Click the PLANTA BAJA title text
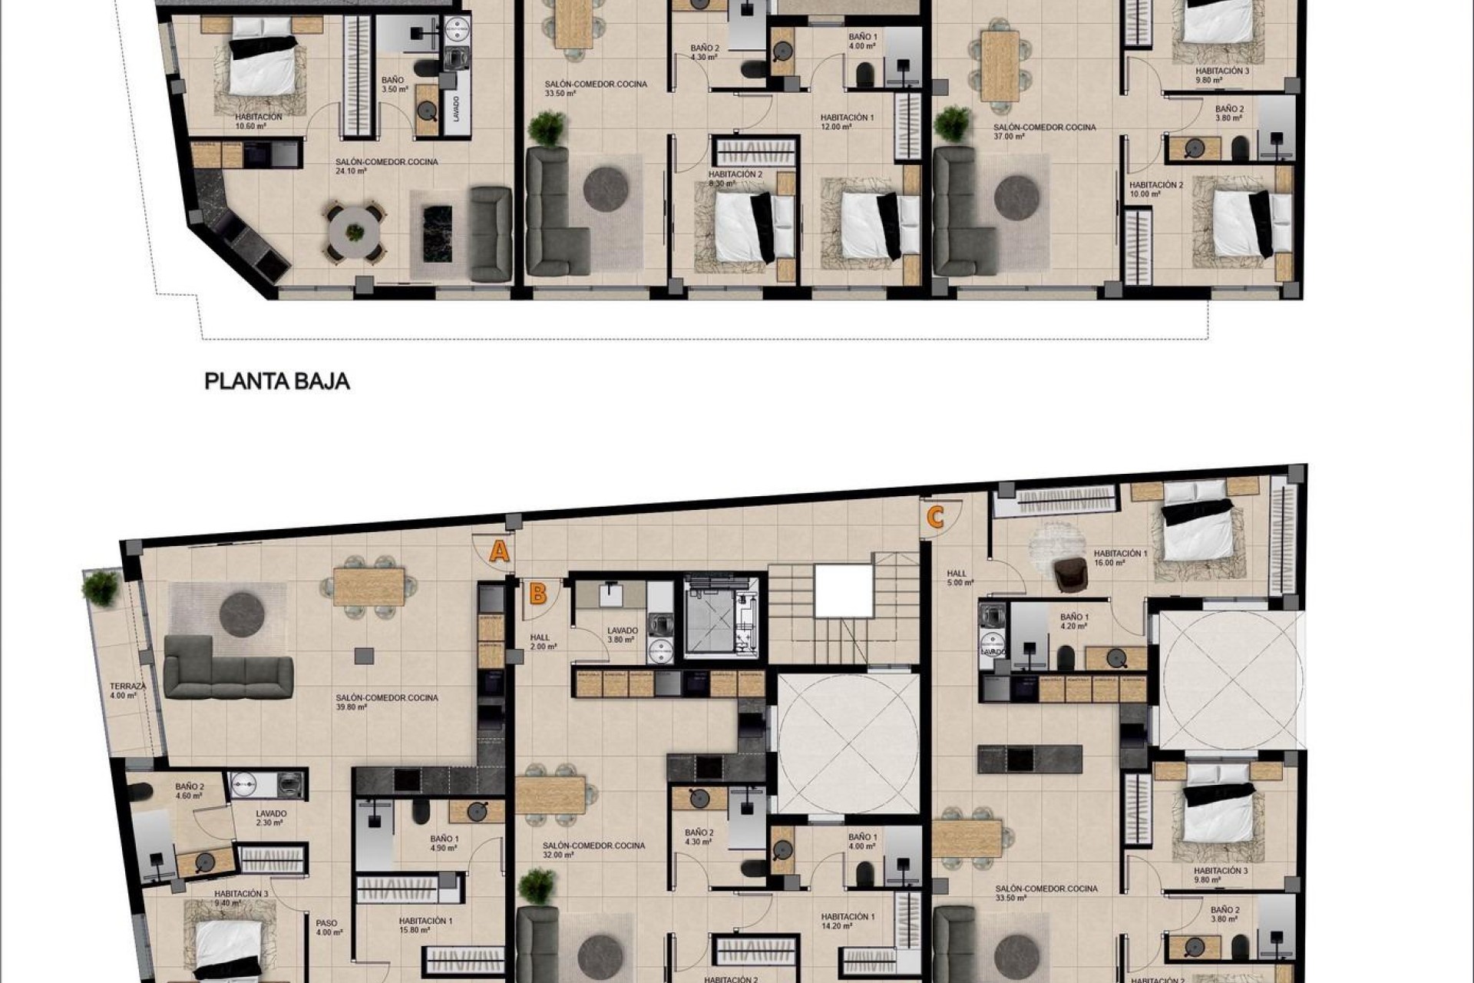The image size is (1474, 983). click(x=277, y=381)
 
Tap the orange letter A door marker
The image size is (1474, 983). click(x=500, y=551)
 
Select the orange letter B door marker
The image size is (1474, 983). click(x=538, y=594)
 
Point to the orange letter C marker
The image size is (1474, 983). click(x=935, y=517)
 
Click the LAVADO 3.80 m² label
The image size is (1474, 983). click(x=621, y=634)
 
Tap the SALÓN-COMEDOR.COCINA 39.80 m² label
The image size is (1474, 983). click(x=387, y=702)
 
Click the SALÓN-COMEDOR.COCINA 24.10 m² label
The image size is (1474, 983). click(x=387, y=167)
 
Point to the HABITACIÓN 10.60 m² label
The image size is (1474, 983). click(x=259, y=121)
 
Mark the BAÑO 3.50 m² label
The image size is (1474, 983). click(x=392, y=84)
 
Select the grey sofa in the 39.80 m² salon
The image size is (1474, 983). click(x=228, y=676)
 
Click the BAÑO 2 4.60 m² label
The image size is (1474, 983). click(x=189, y=791)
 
